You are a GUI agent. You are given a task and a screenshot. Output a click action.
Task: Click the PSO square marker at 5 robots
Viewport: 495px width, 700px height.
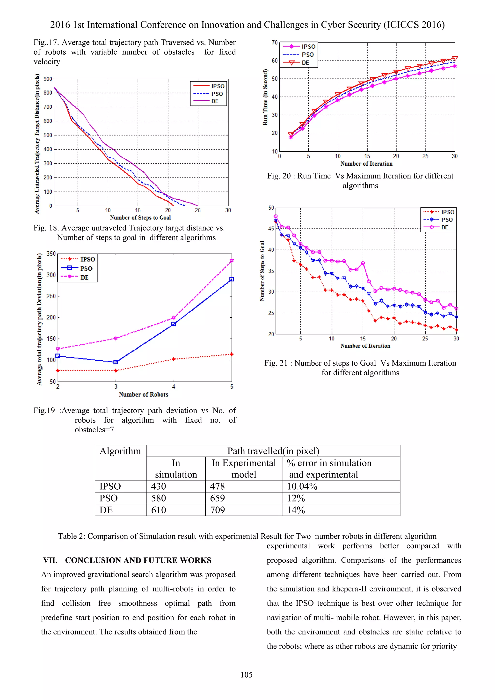pyautogui.click(x=231, y=279)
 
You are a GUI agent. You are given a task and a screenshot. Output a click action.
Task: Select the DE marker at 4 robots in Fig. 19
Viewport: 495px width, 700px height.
pyautogui.click(x=174, y=318)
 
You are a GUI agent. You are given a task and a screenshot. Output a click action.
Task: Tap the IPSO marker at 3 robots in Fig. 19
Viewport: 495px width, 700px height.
pyautogui.click(x=116, y=370)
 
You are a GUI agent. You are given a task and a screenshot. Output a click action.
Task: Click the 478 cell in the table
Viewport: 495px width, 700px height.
pyautogui.click(x=217, y=486)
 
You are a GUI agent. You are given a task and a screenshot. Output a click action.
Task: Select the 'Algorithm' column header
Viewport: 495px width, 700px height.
pyautogui.click(x=120, y=451)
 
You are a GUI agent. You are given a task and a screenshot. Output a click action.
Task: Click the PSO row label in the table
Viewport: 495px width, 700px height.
pyautogui.click(x=109, y=498)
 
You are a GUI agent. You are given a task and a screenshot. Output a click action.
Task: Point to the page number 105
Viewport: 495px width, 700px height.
pyautogui.click(x=246, y=675)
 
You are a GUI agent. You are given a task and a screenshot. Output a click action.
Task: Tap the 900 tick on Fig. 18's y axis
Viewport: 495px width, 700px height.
pyautogui.click(x=48, y=79)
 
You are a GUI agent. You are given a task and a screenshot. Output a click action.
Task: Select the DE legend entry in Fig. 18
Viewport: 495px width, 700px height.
pyautogui.click(x=215, y=101)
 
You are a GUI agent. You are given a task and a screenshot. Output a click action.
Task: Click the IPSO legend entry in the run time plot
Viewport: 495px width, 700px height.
pyautogui.click(x=308, y=46)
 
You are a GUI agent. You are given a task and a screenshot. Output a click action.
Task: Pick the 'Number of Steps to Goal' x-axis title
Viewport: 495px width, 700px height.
pyautogui.click(x=140, y=217)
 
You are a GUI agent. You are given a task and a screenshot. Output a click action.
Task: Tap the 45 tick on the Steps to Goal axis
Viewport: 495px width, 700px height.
pyautogui.click(x=271, y=229)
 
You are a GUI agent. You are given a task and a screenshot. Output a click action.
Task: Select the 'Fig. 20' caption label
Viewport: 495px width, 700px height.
pyautogui.click(x=279, y=176)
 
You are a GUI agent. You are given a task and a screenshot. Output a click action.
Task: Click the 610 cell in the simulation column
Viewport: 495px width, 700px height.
pyautogui.click(x=159, y=510)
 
